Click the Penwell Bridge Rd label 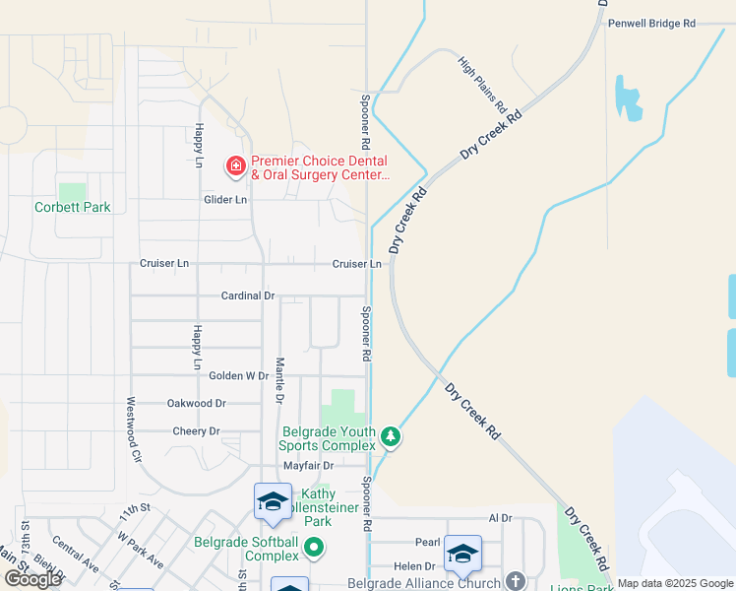[651, 23]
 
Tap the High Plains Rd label [482, 83]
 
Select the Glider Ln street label [225, 199]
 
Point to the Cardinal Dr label [247, 295]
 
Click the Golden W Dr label [238, 376]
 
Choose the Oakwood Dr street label [197, 404]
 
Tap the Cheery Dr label [196, 431]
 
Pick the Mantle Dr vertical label [279, 381]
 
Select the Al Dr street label [501, 518]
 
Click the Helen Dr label [414, 566]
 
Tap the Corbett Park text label [73, 208]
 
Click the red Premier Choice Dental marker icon [236, 165]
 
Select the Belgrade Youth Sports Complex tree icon [391, 435]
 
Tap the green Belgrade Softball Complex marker [315, 546]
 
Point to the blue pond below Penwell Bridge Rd [627, 98]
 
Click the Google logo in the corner [32, 580]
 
